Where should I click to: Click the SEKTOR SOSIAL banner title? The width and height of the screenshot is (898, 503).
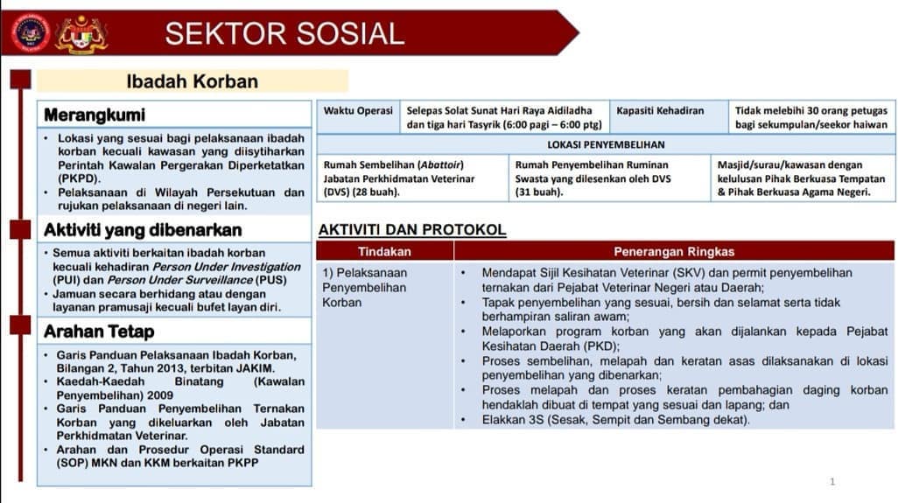[x=284, y=33]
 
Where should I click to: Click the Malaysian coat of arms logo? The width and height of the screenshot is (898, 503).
[x=81, y=34]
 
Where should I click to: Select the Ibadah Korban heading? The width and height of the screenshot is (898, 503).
[x=193, y=81]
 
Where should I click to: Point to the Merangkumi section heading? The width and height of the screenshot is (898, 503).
[x=95, y=115]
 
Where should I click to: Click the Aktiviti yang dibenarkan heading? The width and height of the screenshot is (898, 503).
[x=143, y=230]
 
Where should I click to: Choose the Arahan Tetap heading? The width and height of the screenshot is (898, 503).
[x=99, y=332]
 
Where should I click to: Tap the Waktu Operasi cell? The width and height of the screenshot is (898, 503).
[x=358, y=111]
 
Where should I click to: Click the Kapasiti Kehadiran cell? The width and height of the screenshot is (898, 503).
[x=660, y=111]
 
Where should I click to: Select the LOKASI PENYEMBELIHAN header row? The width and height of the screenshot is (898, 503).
[x=606, y=145]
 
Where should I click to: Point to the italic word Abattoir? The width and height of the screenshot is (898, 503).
[x=441, y=164]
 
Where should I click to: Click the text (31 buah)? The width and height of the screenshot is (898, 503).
[x=539, y=192]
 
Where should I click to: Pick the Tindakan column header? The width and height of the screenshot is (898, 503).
[x=384, y=252]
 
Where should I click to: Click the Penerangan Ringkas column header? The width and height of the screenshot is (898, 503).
[x=674, y=252]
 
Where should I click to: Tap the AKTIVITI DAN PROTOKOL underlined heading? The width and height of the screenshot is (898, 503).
[x=412, y=230]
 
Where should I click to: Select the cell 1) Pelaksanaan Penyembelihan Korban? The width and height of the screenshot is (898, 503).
[x=365, y=287]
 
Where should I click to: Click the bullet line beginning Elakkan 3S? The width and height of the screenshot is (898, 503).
[x=615, y=420]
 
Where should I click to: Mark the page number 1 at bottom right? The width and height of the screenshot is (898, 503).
[x=832, y=482]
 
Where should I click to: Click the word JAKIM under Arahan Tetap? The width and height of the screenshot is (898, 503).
[x=256, y=368]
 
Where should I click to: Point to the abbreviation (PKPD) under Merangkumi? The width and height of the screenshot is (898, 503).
[x=79, y=178]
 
